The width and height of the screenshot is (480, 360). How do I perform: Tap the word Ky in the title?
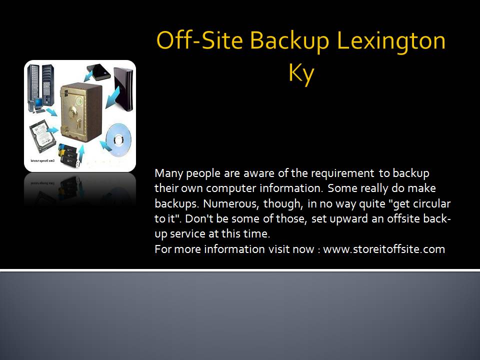pyautogui.click(x=301, y=74)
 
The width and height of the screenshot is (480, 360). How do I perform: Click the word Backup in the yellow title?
pyautogui.click(x=289, y=41)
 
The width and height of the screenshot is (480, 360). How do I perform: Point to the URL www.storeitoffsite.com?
pyautogui.click(x=384, y=249)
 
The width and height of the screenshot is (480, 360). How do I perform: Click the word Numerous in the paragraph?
pyautogui.click(x=230, y=203)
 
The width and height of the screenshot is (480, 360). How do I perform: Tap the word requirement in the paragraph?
pyautogui.click(x=342, y=174)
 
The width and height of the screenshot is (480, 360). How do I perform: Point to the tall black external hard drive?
pyautogui.click(x=123, y=89)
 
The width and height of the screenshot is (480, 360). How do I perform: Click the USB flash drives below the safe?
pyautogui.click(x=69, y=154)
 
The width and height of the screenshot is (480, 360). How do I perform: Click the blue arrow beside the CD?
pyautogui.click(x=105, y=145)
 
